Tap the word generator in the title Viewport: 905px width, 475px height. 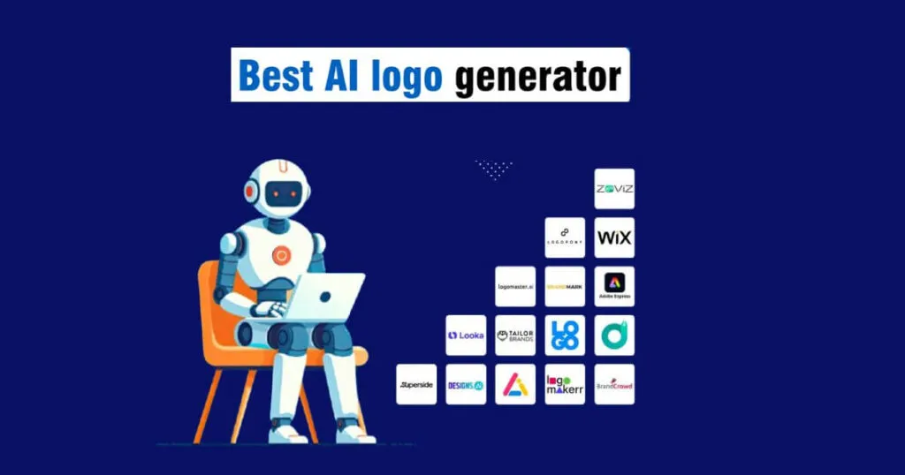click(x=537, y=78)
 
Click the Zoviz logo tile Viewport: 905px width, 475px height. click(x=614, y=188)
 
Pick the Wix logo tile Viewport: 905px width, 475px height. click(x=614, y=237)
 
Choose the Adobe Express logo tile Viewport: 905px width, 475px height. click(x=614, y=286)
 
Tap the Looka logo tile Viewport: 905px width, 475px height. click(x=466, y=336)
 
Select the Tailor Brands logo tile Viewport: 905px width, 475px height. click(x=515, y=336)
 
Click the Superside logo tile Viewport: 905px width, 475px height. click(x=416, y=384)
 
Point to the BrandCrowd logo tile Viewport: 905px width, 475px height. click(x=614, y=384)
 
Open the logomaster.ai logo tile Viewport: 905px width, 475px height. click(x=515, y=286)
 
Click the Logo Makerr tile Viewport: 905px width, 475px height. click(x=565, y=384)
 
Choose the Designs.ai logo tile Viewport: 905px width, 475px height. click(x=466, y=384)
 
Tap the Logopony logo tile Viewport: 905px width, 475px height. click(x=565, y=237)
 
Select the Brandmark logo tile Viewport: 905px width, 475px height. click(x=565, y=286)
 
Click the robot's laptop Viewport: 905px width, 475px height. click(x=326, y=296)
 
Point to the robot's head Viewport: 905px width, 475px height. click(x=282, y=190)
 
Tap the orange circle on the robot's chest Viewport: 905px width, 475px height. click(x=282, y=256)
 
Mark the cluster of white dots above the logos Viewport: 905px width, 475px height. click(x=494, y=169)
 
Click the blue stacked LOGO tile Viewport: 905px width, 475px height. click(x=565, y=336)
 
